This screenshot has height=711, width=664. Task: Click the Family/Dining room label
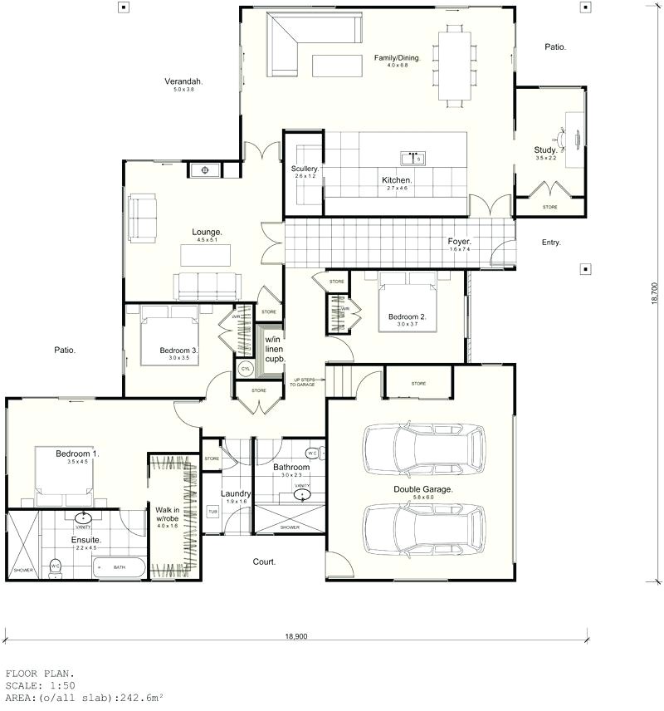pyautogui.click(x=398, y=58)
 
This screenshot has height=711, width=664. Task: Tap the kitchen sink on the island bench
pyautogui.click(x=413, y=157)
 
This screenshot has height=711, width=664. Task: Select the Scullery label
pyautogui.click(x=305, y=169)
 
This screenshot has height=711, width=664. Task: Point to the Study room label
pyautogui.click(x=545, y=150)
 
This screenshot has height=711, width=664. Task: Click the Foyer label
pyautogui.click(x=460, y=242)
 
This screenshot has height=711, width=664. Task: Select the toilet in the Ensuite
pyautogui.click(x=56, y=567)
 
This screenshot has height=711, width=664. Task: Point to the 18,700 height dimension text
pyautogui.click(x=653, y=295)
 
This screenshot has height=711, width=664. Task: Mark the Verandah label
pyautogui.click(x=183, y=81)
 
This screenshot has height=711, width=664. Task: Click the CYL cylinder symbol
pyautogui.click(x=246, y=369)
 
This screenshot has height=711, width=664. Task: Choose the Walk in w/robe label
pyautogui.click(x=168, y=514)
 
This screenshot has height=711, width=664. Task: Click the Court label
pyautogui.click(x=264, y=561)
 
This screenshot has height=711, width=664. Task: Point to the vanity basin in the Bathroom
pyautogui.click(x=301, y=495)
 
